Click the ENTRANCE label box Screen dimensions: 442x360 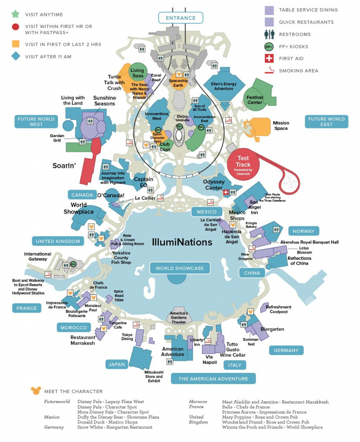pos(180,18)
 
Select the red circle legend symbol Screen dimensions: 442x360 pos(15,27)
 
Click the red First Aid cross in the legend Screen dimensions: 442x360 pos(269,59)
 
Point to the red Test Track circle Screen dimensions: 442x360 pos(243,162)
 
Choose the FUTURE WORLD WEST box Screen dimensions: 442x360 pos(36,122)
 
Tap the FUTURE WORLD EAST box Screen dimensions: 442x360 pos(326,122)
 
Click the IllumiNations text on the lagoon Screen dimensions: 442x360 pos(182,242)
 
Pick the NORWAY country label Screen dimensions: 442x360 pos(303,231)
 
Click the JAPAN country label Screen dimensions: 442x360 pos(117,364)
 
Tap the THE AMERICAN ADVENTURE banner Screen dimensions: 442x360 pos(213,379)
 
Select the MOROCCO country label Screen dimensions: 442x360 pos(74,328)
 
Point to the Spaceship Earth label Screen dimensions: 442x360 pos(178,83)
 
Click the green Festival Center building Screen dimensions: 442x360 pos(256,98)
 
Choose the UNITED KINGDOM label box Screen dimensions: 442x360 pos(58,241)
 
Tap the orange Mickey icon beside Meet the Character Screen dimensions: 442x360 pos(35,391)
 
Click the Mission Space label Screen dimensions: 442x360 pos(281,126)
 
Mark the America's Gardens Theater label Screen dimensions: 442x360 pos(179,318)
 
